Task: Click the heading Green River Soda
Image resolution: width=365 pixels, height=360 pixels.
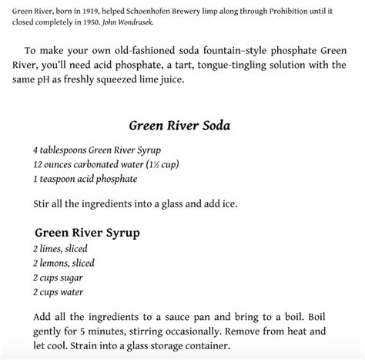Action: (182, 125)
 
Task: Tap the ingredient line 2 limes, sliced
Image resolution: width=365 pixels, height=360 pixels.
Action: (60, 249)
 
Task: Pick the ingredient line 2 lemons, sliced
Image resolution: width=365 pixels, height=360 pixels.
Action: (64, 264)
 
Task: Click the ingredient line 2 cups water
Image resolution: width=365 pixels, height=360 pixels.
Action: (59, 292)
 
